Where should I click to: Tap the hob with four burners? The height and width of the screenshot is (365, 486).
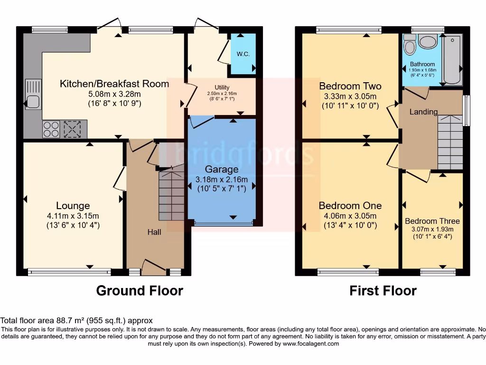coord(51,129)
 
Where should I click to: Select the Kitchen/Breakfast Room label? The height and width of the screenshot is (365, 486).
coord(114,84)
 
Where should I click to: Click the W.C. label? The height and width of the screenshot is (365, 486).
coord(243,54)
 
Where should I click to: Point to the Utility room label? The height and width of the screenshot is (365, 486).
coord(222,87)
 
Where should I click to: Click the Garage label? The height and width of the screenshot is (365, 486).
coord(222,169)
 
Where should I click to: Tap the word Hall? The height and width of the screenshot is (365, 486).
coord(154,232)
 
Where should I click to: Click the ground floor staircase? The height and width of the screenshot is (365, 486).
coord(171,195)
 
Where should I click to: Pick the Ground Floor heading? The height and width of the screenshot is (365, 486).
coord(140,290)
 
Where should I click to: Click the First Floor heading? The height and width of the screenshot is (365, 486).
coord(383,290)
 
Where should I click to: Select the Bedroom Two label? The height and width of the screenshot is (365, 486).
coord(350,86)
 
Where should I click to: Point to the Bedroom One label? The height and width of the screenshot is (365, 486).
coord(350,206)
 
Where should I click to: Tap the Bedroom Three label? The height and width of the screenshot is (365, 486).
coord(432,221)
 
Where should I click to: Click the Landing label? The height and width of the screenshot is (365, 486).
coord(423,112)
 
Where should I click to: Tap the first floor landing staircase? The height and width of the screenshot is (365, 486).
coord(450,143)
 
